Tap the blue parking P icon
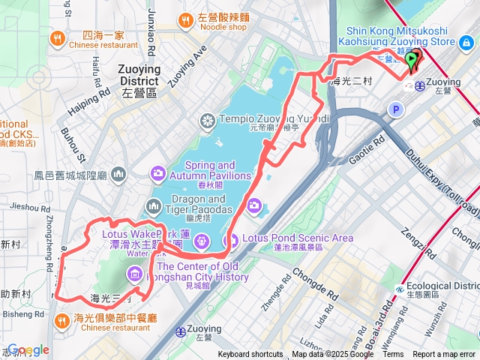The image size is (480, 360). [395, 110]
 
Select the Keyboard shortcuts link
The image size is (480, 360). [250, 355]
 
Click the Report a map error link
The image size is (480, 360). [445, 355]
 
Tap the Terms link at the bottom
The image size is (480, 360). [394, 355]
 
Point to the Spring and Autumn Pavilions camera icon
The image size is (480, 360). [157, 173]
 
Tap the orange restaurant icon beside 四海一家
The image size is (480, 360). [57, 37]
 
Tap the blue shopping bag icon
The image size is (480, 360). [467, 43]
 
